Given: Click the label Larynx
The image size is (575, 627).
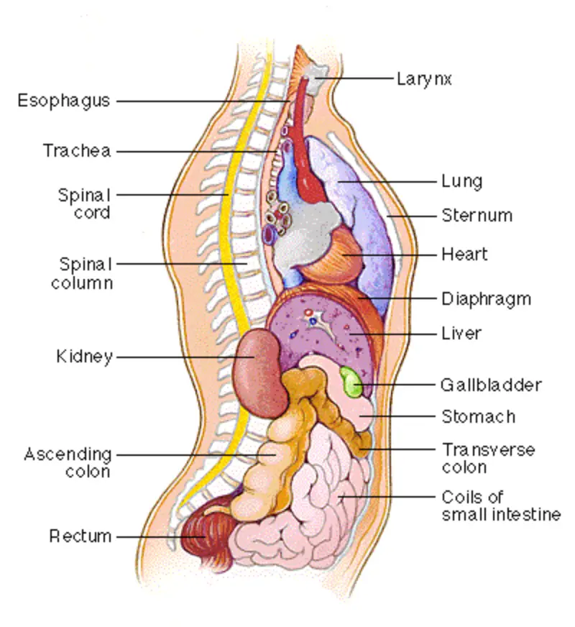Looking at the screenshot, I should tap(424, 78).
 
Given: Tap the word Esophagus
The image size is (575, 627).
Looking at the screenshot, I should tap(64, 101).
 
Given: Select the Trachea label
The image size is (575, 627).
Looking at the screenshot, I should tap(76, 151).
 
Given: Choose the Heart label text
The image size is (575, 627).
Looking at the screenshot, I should tap(464, 254).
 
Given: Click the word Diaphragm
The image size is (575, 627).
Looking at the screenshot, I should tap(486, 298).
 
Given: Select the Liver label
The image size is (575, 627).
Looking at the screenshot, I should tap(461, 334).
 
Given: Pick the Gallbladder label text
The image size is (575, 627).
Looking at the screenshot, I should tap(490, 385).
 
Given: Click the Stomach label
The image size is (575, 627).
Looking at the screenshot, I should tap(477, 416).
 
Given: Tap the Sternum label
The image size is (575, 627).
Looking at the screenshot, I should tap(477, 215).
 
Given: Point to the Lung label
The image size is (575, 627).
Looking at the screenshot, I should tap(461, 180).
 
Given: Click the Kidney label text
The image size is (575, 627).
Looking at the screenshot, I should tap(84, 356).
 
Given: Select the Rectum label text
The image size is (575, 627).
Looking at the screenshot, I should tap(80, 536).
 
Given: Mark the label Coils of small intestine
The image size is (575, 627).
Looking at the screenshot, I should tap(500, 505).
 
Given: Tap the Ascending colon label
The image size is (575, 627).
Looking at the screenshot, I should tap(68, 462).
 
